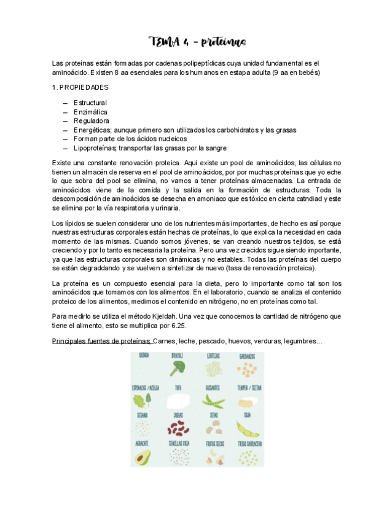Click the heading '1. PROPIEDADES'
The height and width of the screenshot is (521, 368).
pyautogui.click(x=80, y=88)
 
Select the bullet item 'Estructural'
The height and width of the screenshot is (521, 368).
pyautogui.click(x=90, y=103)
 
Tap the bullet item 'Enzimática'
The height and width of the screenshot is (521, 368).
pyautogui.click(x=90, y=112)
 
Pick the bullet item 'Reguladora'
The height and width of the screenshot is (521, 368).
pyautogui.click(x=92, y=121)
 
